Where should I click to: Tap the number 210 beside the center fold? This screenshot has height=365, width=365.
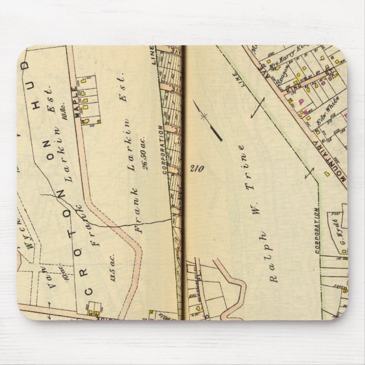(x=196, y=168)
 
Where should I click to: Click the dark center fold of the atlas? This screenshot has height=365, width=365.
(x=184, y=187)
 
